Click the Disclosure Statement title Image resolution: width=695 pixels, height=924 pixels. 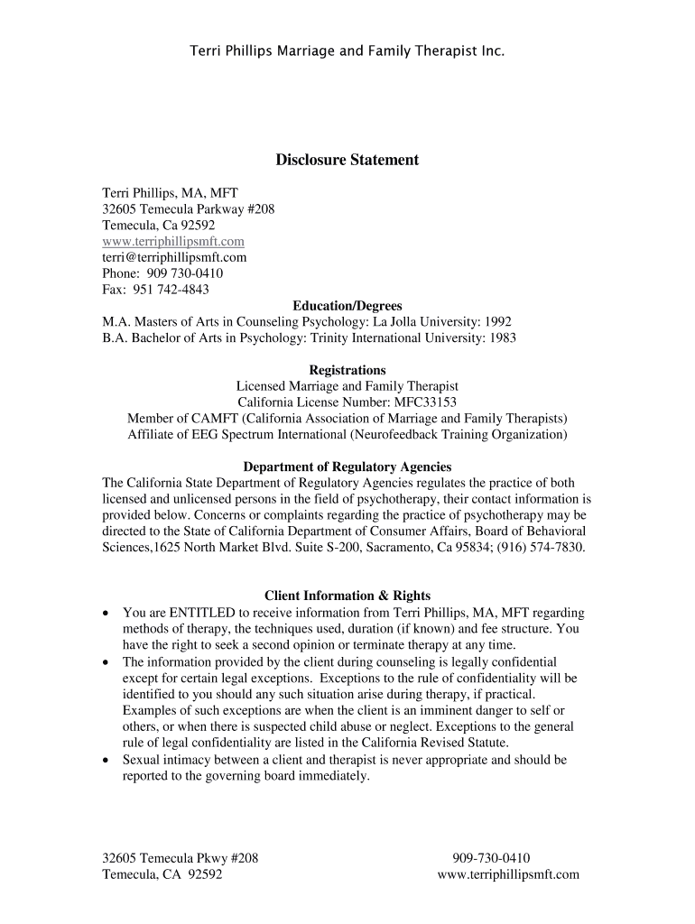point(347,160)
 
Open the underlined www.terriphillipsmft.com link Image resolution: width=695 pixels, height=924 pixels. point(173,242)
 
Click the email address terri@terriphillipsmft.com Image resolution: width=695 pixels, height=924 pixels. point(174,257)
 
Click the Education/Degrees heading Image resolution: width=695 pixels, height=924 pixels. point(347,306)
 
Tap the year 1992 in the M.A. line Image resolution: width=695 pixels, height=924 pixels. point(498,322)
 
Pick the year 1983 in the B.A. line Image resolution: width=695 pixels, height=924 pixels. point(501,337)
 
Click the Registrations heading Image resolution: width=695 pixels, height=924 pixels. point(347,370)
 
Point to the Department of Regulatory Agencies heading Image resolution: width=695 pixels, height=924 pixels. point(347,467)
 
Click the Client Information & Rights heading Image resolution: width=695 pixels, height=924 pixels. point(347,596)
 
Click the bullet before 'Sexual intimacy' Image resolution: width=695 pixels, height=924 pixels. point(107,761)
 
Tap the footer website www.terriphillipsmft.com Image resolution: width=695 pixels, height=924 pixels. point(508,874)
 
